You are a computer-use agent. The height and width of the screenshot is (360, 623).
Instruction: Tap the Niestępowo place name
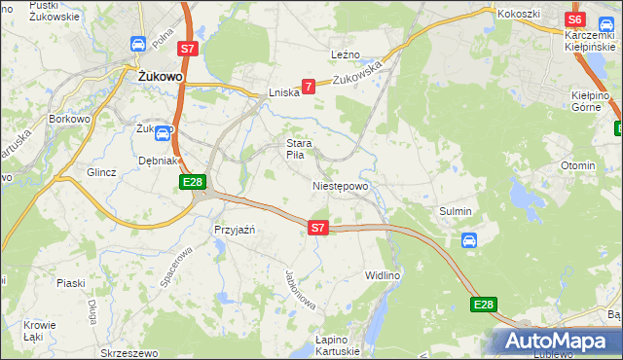tap(341, 185)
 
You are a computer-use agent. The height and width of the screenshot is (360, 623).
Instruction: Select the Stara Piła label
tap(297, 149)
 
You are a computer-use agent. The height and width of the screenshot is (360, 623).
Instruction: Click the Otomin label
tap(577, 165)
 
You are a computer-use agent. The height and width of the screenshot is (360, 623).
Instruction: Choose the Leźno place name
tap(346, 55)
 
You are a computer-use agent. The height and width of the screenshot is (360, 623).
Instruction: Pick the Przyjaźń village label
tap(233, 230)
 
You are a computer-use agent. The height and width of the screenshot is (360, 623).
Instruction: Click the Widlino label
tap(383, 275)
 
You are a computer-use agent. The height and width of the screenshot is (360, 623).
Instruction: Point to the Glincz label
tap(101, 172)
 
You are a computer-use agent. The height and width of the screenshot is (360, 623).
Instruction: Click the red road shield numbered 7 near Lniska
tap(309, 87)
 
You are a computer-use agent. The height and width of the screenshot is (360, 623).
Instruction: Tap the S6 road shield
tap(574, 19)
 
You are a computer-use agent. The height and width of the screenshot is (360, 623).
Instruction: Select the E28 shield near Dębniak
tap(192, 182)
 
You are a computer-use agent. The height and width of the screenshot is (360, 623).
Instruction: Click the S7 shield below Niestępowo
tap(317, 227)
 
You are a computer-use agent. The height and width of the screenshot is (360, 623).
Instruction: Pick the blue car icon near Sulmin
tap(468, 240)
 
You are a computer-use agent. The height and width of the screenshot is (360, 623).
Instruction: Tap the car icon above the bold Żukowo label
tap(138, 44)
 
